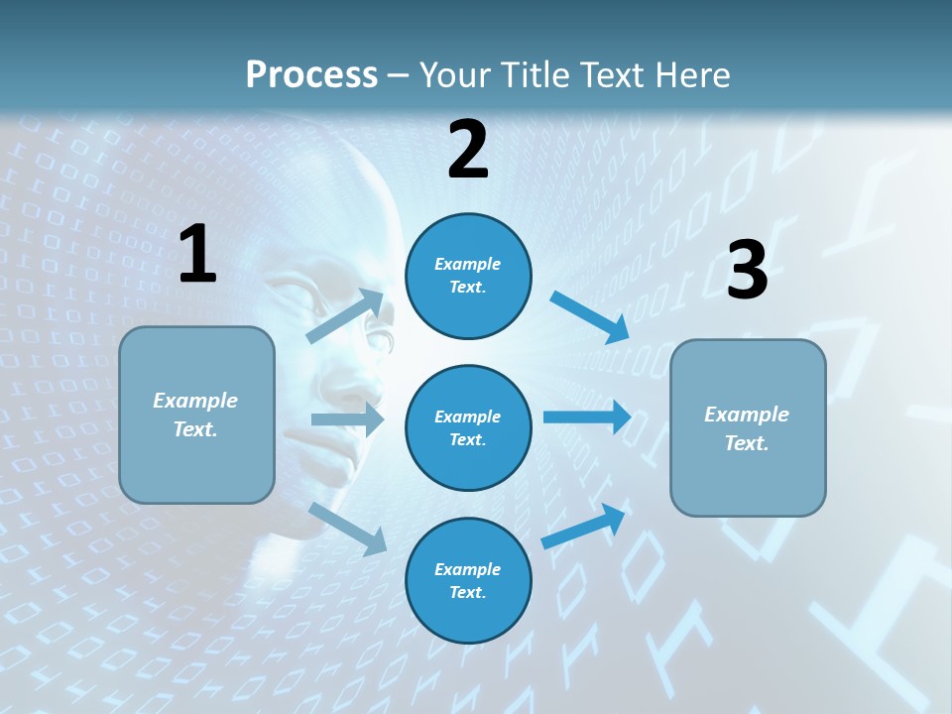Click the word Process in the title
[x=311, y=75]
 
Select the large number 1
[x=197, y=255]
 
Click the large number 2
[x=468, y=150]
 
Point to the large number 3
[x=747, y=270]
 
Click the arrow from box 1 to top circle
[x=345, y=316]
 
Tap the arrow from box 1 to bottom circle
[x=347, y=529]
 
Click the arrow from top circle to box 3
[x=589, y=316]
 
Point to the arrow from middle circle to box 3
[x=586, y=416]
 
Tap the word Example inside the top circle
[x=468, y=264]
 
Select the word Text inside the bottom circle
[x=466, y=592]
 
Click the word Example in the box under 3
[x=747, y=415]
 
